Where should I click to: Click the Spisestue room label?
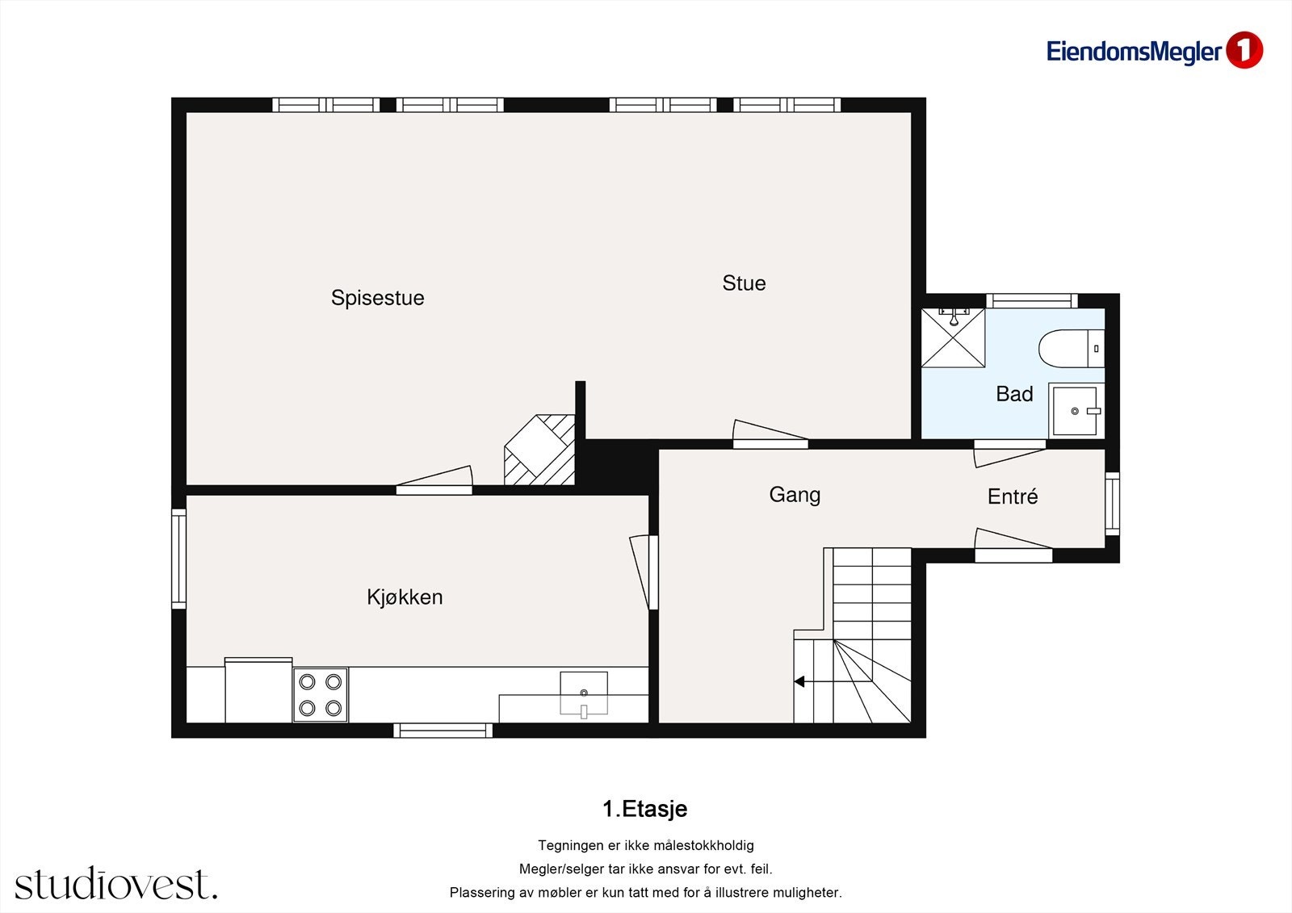click(377, 298)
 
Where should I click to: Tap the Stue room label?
click(744, 283)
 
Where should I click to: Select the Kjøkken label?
click(405, 597)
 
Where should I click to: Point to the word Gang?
click(795, 495)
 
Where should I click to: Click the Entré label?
click(1013, 496)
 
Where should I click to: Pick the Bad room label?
click(1014, 394)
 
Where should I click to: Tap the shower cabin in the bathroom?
click(954, 337)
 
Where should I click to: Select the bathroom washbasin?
click(1075, 411)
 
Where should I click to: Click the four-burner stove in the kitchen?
click(321, 694)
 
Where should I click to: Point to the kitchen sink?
click(584, 693)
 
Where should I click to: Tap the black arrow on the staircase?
click(799, 682)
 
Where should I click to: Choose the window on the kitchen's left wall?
click(178, 559)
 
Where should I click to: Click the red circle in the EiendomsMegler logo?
click(1244, 51)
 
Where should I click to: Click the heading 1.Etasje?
click(644, 809)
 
